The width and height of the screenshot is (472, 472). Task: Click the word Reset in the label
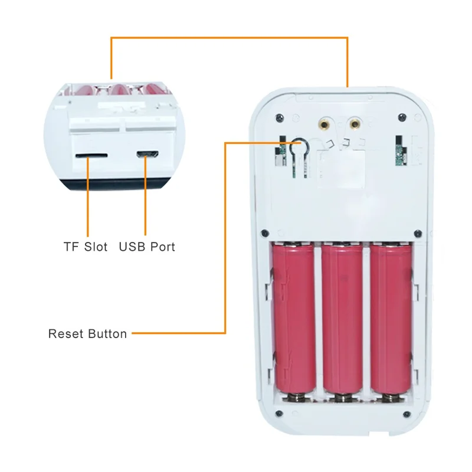pyautogui.click(x=65, y=334)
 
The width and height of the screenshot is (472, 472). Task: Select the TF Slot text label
pyautogui.click(x=86, y=247)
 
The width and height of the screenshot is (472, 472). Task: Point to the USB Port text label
pyautogui.click(x=147, y=247)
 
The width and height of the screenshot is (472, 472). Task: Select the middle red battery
pyautogui.click(x=342, y=319)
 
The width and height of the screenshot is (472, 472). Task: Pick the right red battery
pyautogui.click(x=390, y=319)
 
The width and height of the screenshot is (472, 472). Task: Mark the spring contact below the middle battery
pyautogui.click(x=342, y=399)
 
